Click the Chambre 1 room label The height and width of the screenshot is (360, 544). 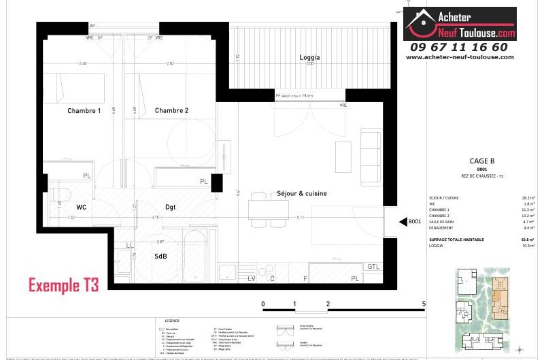(84, 110)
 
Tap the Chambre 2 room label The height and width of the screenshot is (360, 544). (171, 110)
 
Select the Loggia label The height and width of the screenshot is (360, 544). (309, 58)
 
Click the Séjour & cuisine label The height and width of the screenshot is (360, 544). (302, 193)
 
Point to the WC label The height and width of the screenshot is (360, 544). (81, 207)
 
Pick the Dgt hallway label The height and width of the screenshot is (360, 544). (171, 207)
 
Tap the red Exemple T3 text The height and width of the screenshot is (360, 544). (63, 285)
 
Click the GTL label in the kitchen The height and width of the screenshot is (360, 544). (373, 266)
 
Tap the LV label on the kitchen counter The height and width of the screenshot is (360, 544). (251, 278)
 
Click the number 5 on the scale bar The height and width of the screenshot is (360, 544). (424, 304)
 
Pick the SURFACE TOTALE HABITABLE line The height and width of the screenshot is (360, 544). (460, 240)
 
